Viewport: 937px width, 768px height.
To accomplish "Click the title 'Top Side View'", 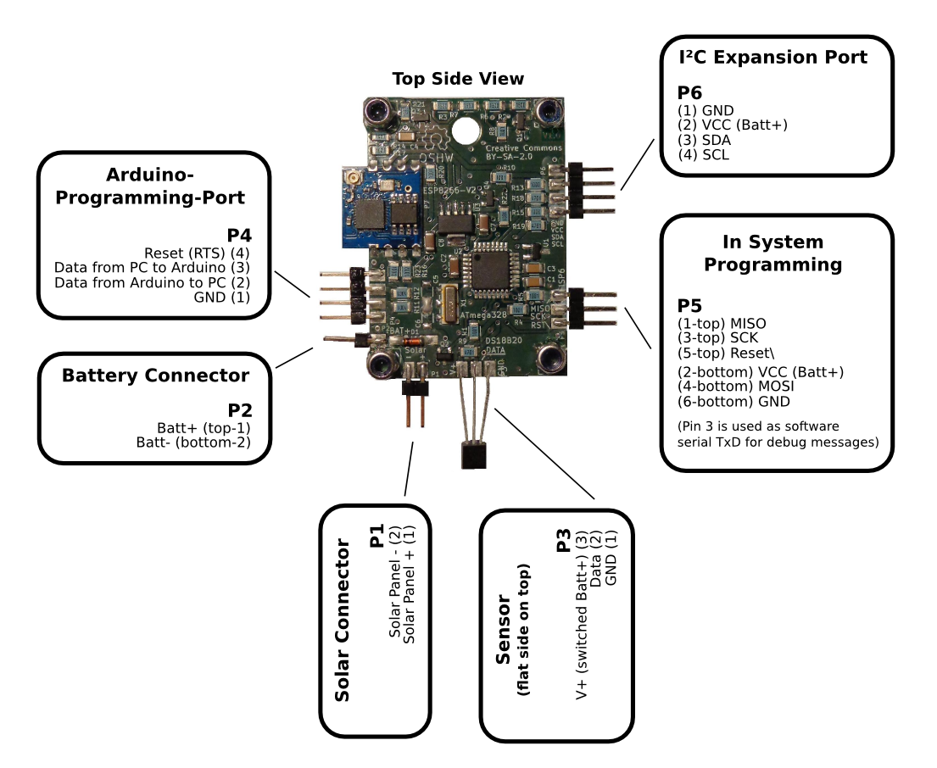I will point(458,79).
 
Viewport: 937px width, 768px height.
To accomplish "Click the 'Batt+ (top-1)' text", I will point(204,427).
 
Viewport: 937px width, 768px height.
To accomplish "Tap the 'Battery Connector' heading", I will point(155,376).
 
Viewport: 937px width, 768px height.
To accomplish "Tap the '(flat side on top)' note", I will point(523,628).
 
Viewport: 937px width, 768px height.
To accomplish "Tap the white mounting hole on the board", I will point(465,130).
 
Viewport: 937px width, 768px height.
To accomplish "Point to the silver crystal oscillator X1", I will point(447,303).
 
